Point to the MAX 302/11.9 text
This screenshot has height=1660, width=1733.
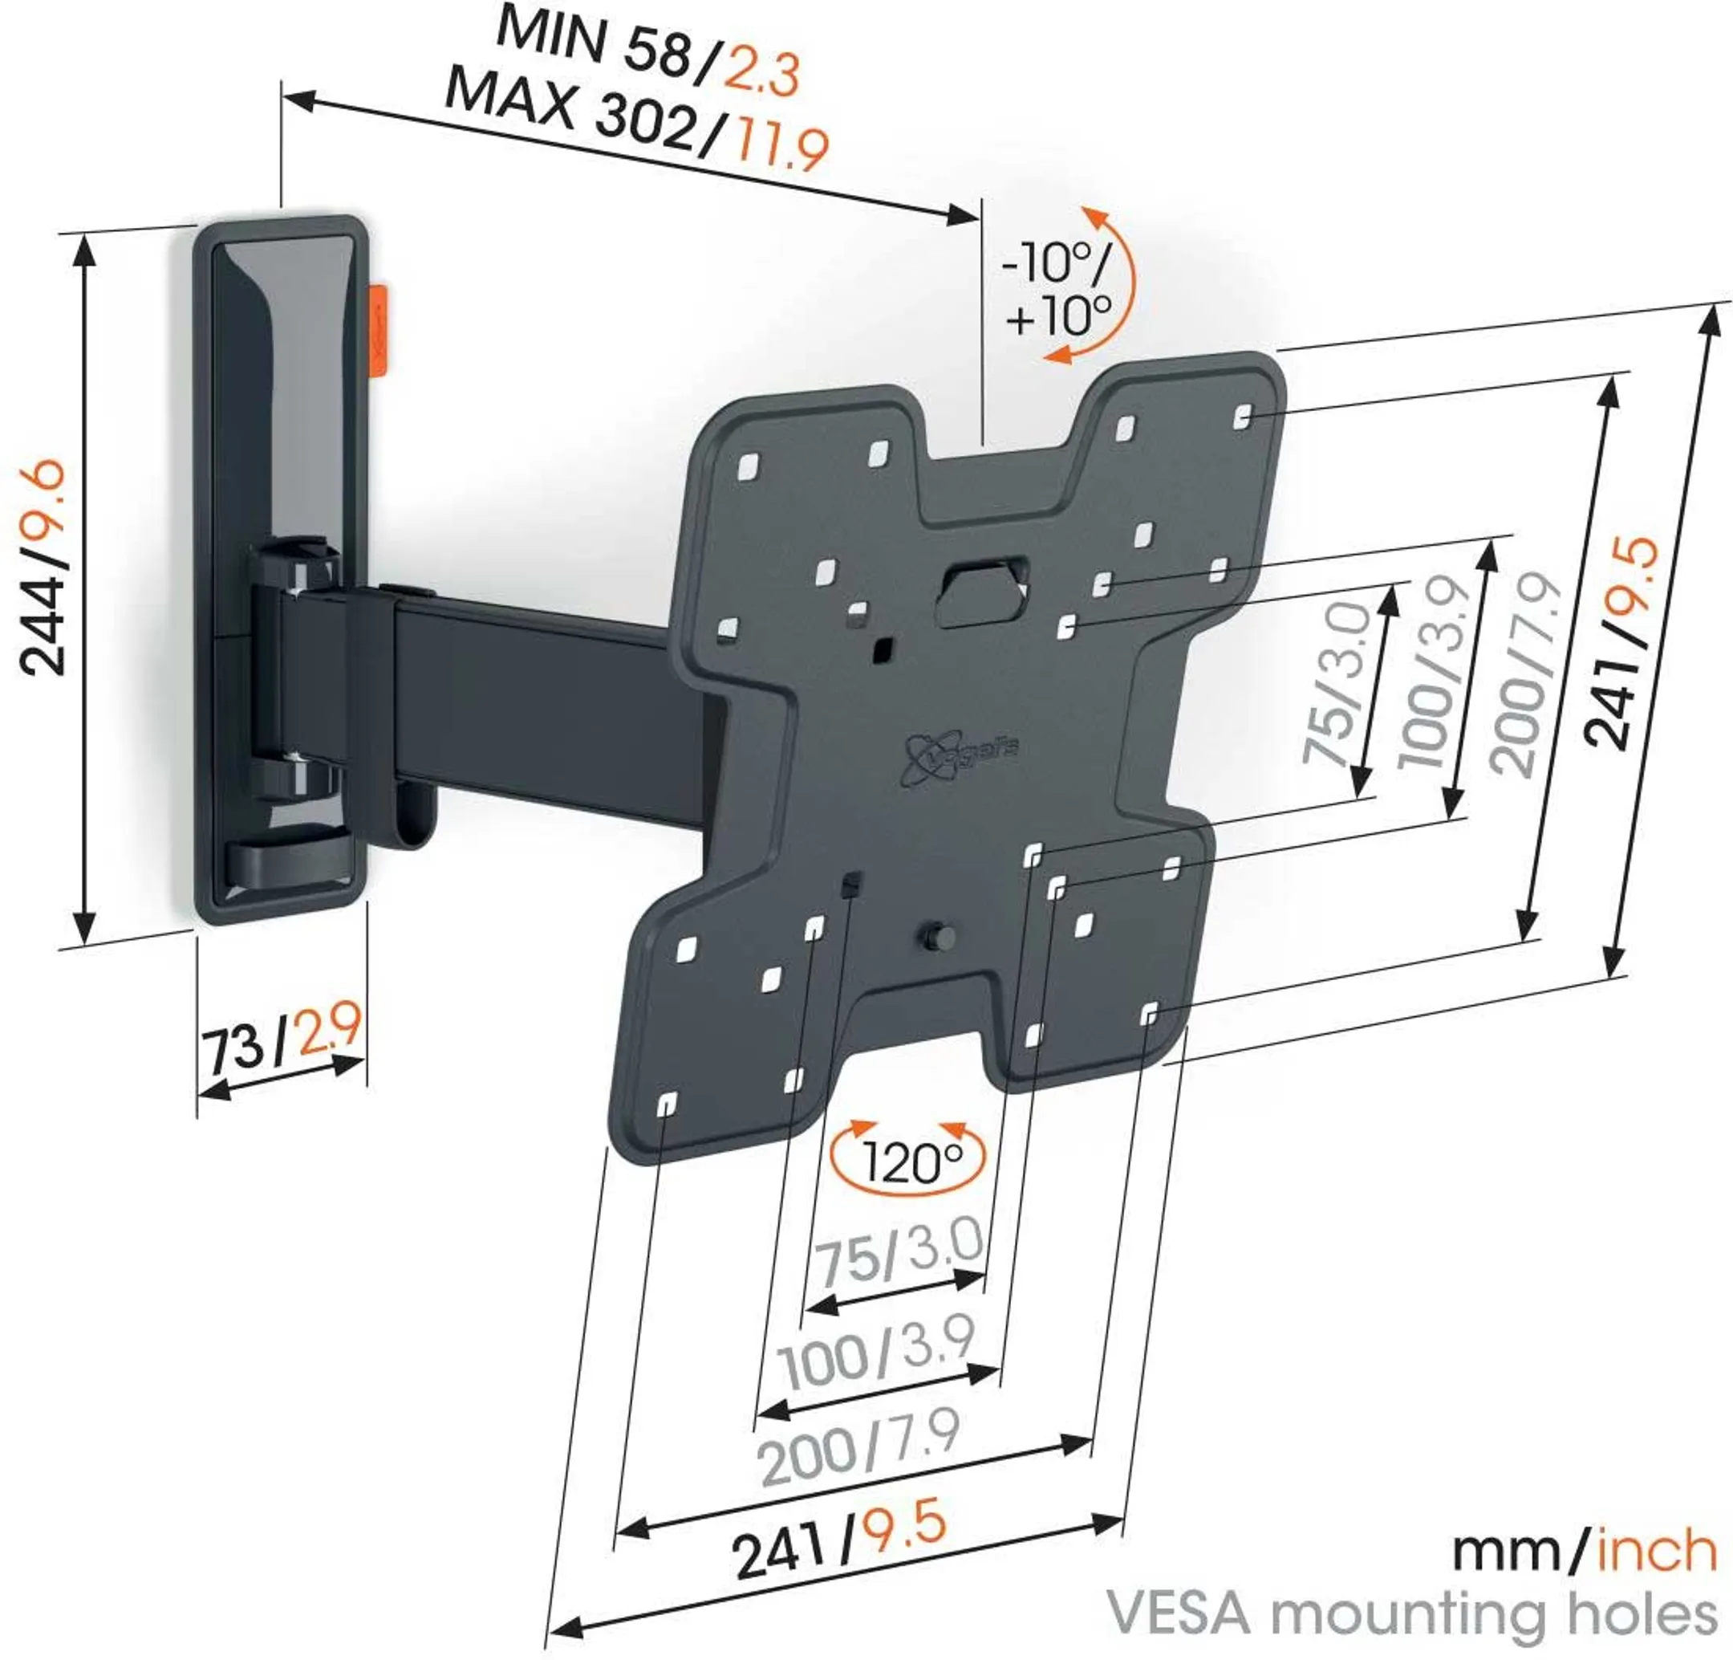636,124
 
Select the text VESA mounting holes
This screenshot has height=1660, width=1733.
1413,1614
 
